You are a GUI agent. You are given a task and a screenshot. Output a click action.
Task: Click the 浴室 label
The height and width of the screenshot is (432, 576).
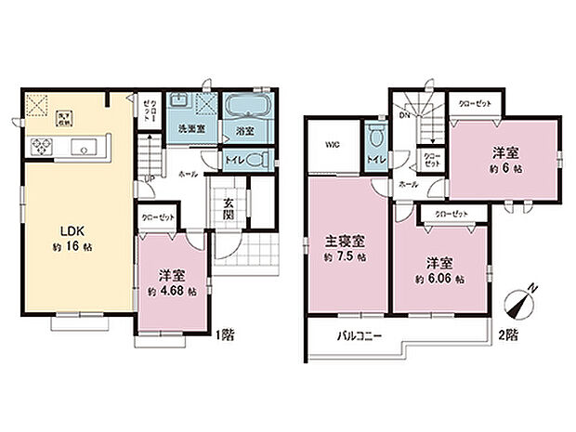(244, 129)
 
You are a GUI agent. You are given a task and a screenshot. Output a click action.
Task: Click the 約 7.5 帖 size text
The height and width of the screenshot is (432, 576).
(344, 255)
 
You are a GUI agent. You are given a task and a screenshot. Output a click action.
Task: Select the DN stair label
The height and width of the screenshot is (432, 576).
(404, 116)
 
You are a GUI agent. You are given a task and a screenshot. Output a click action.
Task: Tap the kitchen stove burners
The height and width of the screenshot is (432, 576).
(43, 146)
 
